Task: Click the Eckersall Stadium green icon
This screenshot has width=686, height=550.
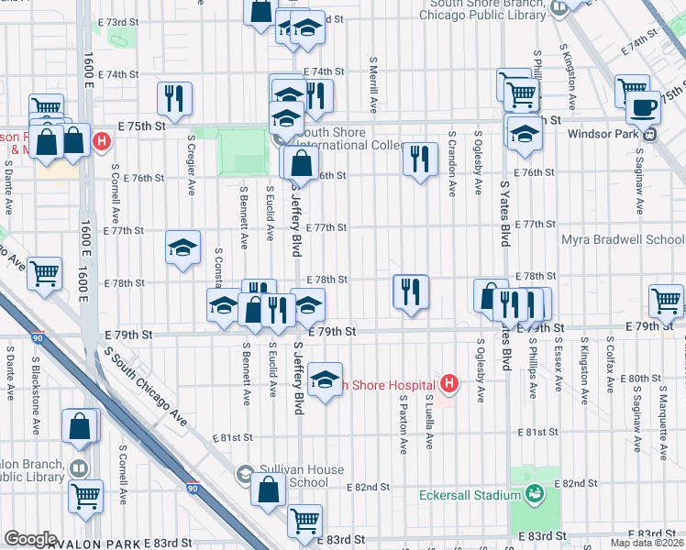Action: click(x=533, y=496)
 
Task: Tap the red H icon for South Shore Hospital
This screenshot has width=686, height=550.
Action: click(x=449, y=384)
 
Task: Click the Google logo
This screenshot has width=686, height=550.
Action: click(x=30, y=539)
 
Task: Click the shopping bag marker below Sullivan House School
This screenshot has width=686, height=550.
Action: click(x=268, y=490)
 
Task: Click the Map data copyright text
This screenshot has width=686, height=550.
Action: click(x=647, y=543)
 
